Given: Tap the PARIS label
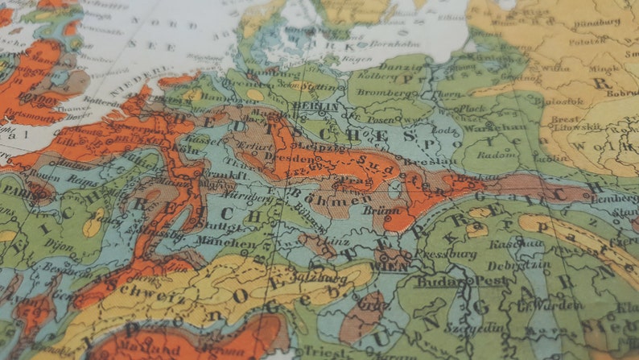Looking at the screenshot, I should click(x=15, y=192).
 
